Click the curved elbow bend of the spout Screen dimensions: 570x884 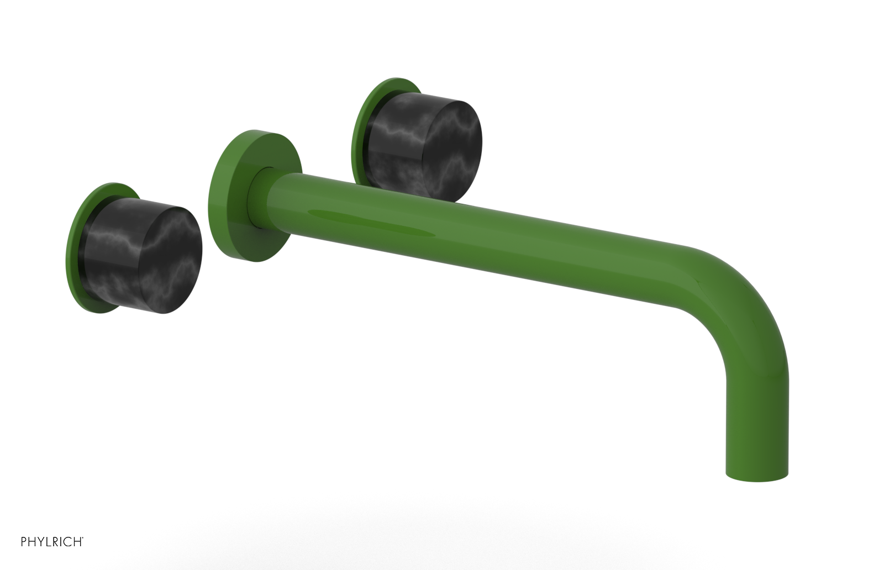(740, 293)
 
